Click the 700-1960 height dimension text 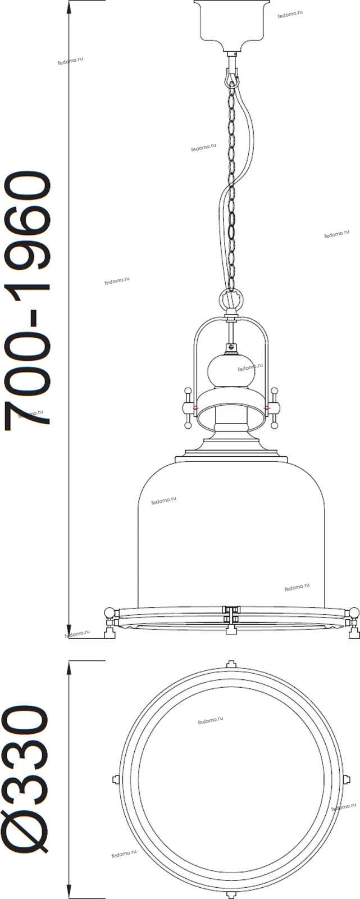click(28, 301)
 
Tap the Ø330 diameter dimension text click(26, 781)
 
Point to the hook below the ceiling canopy click(231, 72)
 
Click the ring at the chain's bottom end click(231, 298)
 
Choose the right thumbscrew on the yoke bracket click(274, 408)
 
